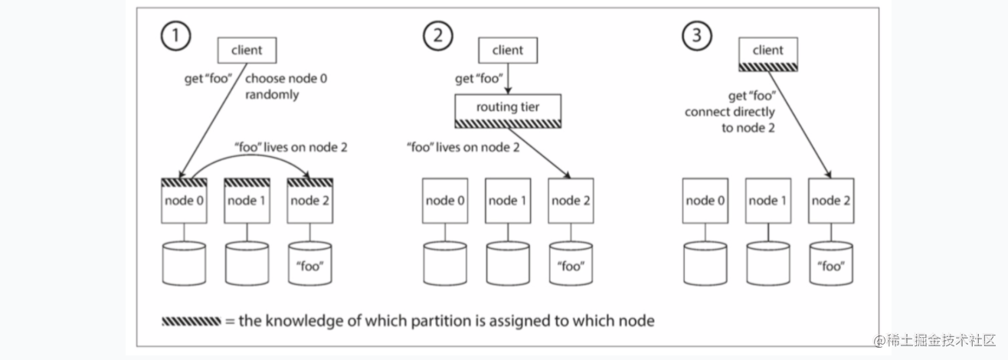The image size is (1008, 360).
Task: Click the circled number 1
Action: [x=175, y=35]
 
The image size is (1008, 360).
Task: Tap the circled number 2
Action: [x=437, y=35]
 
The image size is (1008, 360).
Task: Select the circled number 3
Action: [x=696, y=35]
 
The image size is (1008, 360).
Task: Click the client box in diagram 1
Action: [x=247, y=50]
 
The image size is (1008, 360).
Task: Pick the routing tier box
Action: [x=508, y=111]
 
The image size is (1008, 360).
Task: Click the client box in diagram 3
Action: [x=768, y=54]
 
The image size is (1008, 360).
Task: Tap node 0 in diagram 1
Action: [x=184, y=201]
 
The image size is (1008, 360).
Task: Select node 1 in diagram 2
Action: [x=508, y=201]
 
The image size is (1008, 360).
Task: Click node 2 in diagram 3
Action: [x=831, y=201]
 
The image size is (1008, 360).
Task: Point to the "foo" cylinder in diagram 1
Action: [x=310, y=263]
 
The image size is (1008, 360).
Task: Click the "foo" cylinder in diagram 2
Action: [x=571, y=263]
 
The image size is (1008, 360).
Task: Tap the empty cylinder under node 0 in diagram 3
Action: [x=705, y=263]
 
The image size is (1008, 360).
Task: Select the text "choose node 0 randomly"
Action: [x=286, y=87]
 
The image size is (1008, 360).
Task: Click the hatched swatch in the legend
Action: [x=191, y=321]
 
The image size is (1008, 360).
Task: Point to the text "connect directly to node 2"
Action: [x=730, y=119]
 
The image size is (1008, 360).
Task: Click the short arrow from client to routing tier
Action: [x=508, y=79]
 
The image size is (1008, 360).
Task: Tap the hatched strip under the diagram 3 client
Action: [x=768, y=67]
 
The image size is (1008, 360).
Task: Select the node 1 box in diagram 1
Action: [x=247, y=201]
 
